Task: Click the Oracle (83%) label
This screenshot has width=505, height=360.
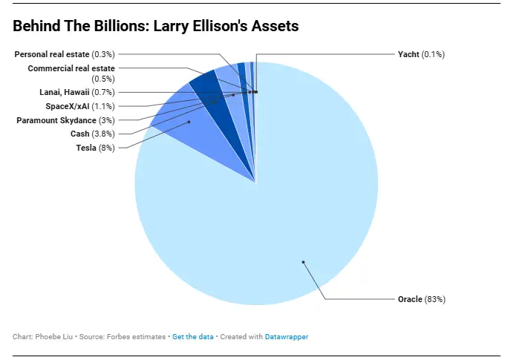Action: [420, 299]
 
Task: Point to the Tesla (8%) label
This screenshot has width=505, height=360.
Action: [95, 148]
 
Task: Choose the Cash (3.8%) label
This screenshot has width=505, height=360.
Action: [91, 134]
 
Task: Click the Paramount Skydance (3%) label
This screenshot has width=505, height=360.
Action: [65, 120]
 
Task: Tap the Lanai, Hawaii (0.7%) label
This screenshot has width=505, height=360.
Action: [76, 92]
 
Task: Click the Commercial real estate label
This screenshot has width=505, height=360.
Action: [76, 68]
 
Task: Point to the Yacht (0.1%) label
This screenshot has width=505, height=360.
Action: [421, 54]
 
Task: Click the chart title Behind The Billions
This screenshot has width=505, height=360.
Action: [155, 27]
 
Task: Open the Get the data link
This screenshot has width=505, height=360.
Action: [193, 336]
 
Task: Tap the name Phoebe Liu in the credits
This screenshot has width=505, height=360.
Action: [50, 336]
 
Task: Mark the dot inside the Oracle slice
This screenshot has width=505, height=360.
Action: [303, 261]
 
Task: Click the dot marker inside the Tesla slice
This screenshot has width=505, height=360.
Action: [189, 122]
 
